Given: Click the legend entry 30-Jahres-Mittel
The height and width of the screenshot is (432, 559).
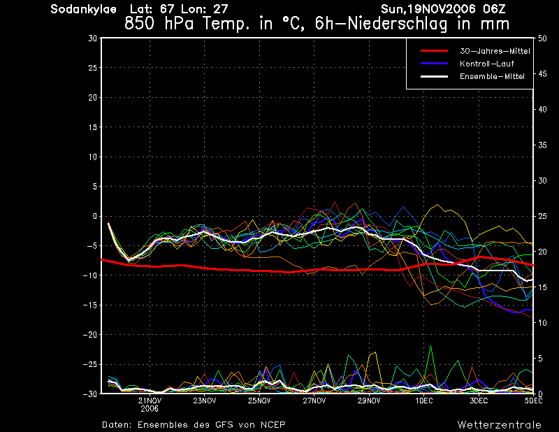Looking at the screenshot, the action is (x=495, y=51).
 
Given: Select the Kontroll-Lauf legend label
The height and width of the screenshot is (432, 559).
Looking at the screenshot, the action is (x=486, y=64).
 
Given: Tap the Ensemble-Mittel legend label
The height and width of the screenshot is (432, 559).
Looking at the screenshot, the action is (x=492, y=76).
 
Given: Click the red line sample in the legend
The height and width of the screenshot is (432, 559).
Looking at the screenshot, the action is (x=434, y=51).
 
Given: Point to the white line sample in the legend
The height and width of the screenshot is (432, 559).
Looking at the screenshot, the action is (x=434, y=76).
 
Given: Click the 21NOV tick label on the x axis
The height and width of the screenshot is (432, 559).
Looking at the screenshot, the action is (x=150, y=401).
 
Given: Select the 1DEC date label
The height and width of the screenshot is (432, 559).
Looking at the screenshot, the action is (x=424, y=401).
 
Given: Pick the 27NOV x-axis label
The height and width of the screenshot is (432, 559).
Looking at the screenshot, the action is (x=314, y=401).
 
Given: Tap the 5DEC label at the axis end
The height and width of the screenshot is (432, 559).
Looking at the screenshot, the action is (x=533, y=401).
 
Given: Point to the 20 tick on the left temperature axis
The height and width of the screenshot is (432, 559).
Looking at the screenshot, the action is (x=93, y=97).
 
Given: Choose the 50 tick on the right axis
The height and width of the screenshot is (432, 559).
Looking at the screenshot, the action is (x=542, y=38).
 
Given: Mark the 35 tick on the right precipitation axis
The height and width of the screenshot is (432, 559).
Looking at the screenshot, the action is (x=542, y=145).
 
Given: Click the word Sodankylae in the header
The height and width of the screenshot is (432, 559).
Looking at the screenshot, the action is (x=83, y=9).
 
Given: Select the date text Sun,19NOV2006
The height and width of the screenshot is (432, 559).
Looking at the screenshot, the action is (x=428, y=9).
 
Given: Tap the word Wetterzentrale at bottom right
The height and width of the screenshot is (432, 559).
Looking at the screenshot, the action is (x=500, y=425).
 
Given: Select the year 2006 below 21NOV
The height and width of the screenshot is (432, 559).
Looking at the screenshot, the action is (x=150, y=409).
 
